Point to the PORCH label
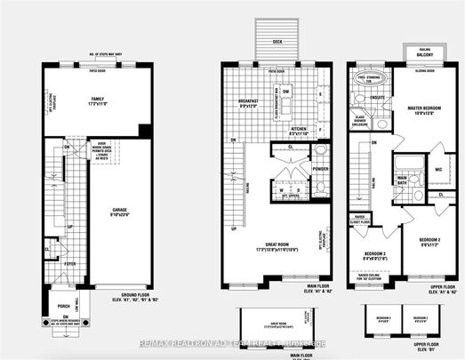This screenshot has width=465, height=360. (62, 308)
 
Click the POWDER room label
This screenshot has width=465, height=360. (321, 166)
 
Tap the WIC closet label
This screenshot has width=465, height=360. (437, 170)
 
